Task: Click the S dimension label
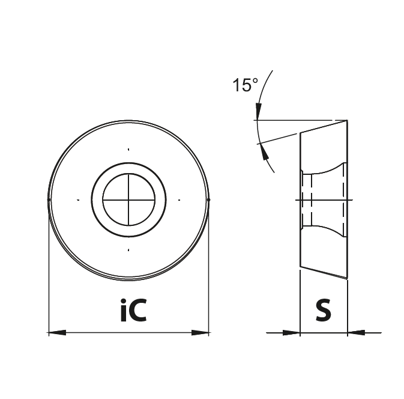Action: click(324, 310)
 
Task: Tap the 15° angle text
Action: click(245, 85)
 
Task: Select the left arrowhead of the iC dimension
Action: click(57, 333)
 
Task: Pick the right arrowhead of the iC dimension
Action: click(200, 333)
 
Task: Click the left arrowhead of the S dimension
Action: click(292, 333)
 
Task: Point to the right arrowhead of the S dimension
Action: click(356, 333)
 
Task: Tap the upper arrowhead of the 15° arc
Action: click(258, 111)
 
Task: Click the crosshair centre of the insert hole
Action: click(128, 199)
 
